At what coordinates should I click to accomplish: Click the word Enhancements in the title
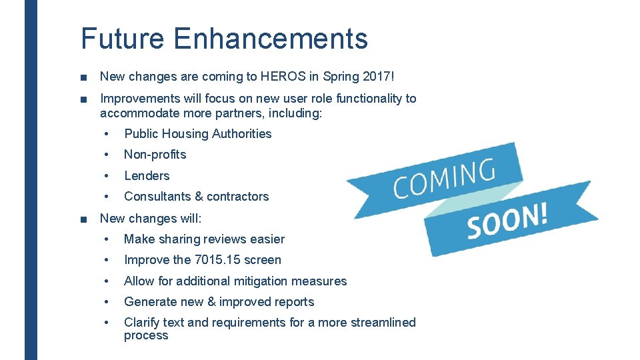(271, 38)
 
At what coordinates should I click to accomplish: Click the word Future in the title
(122, 38)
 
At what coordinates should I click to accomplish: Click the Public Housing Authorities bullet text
(198, 133)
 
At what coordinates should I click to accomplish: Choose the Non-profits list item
(155, 155)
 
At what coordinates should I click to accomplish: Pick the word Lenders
(147, 175)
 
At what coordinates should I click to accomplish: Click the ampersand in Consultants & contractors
(199, 196)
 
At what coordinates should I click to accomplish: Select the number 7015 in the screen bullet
(209, 259)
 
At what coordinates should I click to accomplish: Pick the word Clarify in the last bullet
(141, 322)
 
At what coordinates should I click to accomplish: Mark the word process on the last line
(146, 335)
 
